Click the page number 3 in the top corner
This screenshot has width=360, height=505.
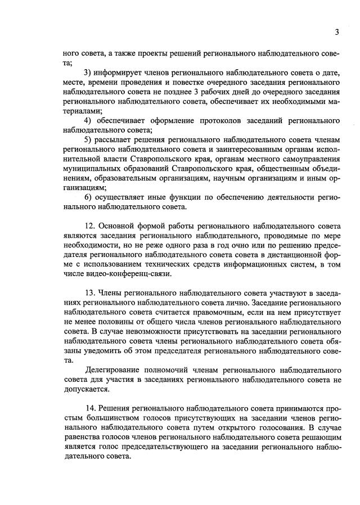coord(336,32)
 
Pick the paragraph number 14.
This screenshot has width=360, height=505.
coord(90,407)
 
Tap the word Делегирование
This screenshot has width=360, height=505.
coord(112,371)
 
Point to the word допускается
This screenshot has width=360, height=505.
coord(87,390)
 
